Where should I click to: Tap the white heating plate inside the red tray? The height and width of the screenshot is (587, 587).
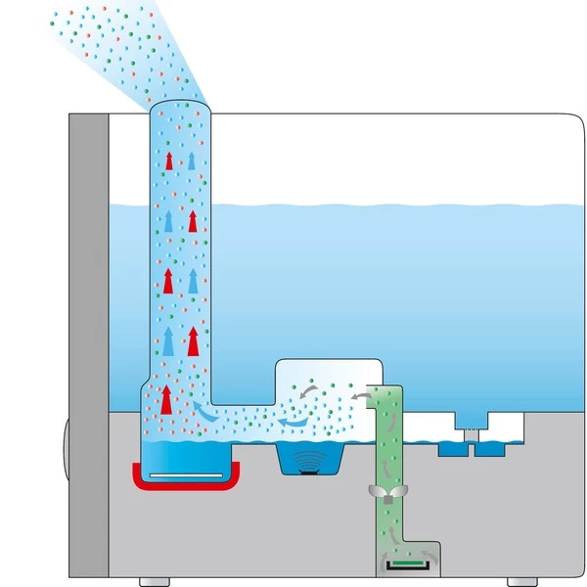(185, 474)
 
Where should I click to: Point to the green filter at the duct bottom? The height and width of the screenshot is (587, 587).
(401, 564)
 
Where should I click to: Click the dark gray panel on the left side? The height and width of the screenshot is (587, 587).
(88, 342)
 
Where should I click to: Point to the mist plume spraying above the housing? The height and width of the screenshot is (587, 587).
(117, 49)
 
